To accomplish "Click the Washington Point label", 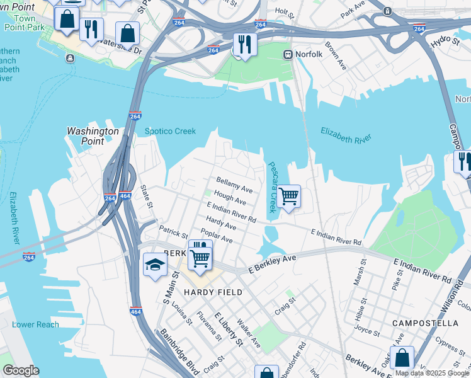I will [93, 136].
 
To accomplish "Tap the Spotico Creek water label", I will [170, 131].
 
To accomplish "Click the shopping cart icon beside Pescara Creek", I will [288, 197].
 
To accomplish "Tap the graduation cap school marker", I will [154, 265].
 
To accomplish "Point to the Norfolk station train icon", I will [289, 54].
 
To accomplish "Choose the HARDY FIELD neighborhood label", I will [208, 292].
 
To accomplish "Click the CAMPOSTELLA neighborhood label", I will [425, 323].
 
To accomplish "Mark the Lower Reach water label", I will [35, 324].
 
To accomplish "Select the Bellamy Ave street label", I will [234, 185].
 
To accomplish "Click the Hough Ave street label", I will [230, 198].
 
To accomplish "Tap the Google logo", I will [21, 370].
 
